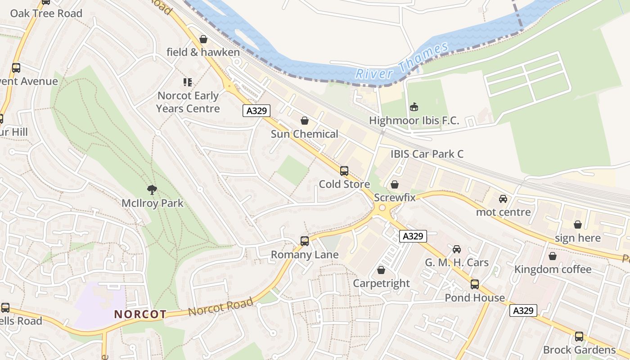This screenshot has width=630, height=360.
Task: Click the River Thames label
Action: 401,61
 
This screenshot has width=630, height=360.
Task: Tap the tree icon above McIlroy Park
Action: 153,190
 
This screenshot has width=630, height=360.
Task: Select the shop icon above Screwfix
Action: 395,184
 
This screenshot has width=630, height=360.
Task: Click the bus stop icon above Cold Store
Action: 344,171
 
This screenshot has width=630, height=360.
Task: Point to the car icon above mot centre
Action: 503,199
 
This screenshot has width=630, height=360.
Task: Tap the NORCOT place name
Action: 140,314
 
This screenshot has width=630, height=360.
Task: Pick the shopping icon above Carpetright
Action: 381,270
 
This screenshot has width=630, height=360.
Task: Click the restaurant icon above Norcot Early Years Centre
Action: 188,82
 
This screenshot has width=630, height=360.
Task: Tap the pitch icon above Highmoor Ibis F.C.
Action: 414,107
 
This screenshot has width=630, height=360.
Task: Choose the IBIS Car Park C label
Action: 427,154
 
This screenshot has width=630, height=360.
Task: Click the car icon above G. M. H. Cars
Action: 457,249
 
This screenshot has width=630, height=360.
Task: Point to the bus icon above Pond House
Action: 475,284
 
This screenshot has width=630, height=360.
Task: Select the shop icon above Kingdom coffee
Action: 553,256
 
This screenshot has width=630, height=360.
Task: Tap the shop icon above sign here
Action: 578,225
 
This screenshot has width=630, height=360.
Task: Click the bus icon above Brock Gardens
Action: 579,337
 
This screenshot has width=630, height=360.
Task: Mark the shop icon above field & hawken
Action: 203,39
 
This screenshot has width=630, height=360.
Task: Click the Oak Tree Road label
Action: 46,13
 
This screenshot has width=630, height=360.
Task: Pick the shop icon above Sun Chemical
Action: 305,121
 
